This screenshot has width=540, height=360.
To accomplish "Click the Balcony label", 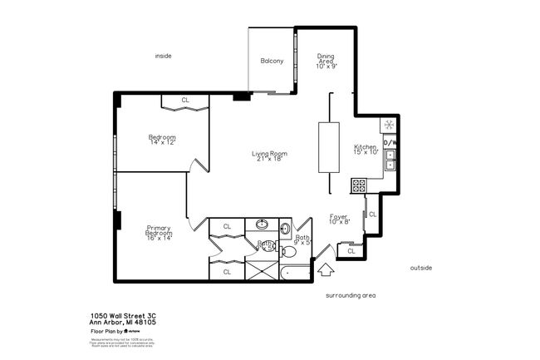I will tap(272, 61).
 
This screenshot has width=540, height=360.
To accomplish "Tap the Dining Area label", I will tap(326, 61).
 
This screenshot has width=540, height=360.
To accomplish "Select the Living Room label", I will tap(270, 155).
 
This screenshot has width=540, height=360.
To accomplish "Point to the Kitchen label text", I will tap(366, 149).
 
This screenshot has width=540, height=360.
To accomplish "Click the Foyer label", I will tap(338, 218).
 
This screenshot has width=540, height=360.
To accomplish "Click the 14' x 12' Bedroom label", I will tap(162, 140).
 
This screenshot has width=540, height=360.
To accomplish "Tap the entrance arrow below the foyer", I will tap(326, 270).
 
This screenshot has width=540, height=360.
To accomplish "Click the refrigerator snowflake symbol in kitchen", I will tap(389, 126).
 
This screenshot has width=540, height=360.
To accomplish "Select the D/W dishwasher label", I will tap(389, 143).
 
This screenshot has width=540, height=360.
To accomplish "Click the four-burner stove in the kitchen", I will tap(359, 186).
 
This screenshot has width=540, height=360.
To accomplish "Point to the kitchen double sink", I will tap(389, 160).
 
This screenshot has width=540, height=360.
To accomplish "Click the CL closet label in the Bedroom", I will tap(184, 101).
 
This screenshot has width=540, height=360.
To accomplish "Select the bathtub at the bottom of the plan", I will tap(295, 272).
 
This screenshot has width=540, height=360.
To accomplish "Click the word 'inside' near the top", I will tap(163, 56).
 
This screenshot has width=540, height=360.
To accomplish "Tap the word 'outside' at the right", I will tap(421, 267).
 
